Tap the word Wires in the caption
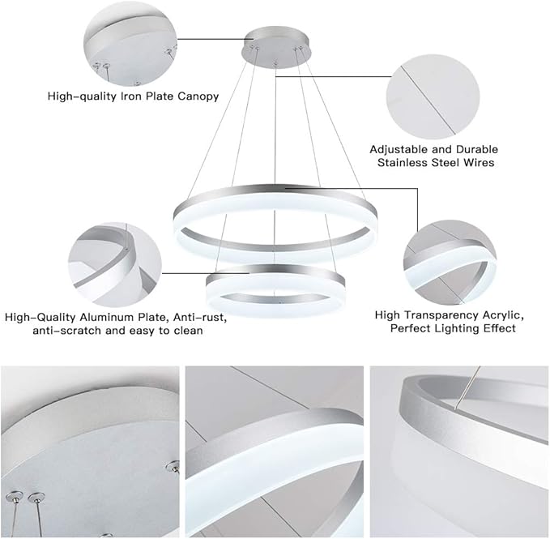(x=477, y=163)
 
